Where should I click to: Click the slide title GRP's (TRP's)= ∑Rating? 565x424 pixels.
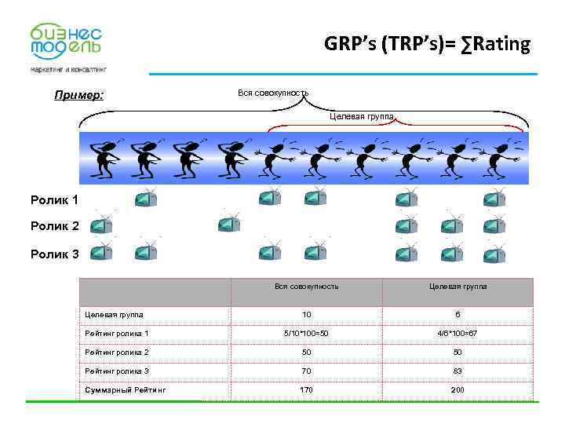pos(427,45)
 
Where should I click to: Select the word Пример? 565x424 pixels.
pos(78,96)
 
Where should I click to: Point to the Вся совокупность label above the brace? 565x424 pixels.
pos(272,93)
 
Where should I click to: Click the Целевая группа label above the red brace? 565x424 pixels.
pos(361,116)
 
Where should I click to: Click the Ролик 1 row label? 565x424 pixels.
pos(54,200)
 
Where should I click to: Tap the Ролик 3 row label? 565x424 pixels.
pos(54,254)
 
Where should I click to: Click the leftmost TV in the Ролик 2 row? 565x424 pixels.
pos(101,227)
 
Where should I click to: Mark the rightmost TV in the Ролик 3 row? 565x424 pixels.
pos(495,253)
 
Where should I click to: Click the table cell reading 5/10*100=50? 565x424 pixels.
pos(306,334)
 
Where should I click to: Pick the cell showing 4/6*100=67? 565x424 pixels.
pos(457,334)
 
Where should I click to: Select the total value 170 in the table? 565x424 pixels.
pos(306,389)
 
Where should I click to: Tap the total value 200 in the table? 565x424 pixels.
pos(457,389)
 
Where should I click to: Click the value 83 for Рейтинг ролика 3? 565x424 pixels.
pos(457,371)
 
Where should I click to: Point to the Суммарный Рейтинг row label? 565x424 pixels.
pos(125,389)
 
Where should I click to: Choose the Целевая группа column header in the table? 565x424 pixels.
pos(457,287)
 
